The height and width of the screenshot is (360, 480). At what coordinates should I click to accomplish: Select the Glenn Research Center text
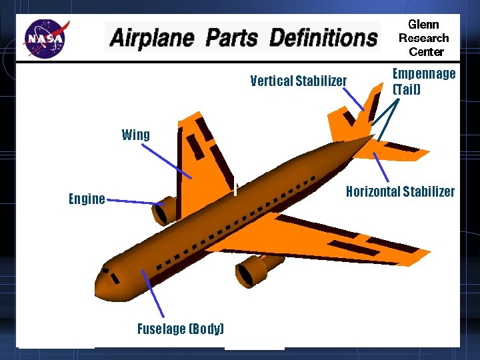tap(423, 38)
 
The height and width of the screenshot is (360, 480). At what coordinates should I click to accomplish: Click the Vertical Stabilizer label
tap(298, 81)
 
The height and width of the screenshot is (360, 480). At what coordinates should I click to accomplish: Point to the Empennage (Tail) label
tap(423, 81)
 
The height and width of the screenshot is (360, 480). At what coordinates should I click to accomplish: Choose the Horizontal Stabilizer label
tap(400, 192)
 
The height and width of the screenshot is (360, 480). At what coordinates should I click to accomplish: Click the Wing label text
tap(136, 135)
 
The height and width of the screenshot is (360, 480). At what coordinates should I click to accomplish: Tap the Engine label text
tap(87, 199)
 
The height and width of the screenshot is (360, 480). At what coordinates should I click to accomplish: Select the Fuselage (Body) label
tap(180, 329)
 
